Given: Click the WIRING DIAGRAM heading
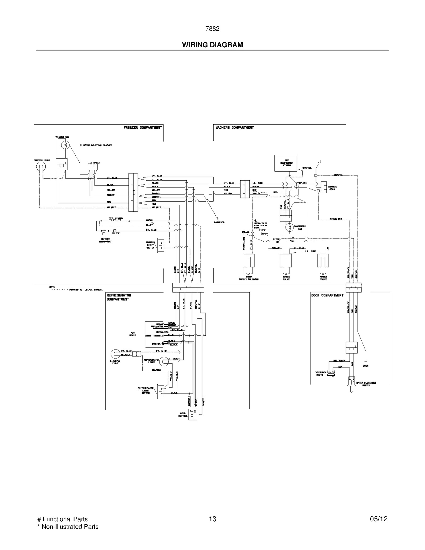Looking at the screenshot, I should (x=212, y=45).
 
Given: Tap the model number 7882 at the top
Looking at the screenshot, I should (x=212, y=29).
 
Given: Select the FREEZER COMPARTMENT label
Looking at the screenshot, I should (x=143, y=128).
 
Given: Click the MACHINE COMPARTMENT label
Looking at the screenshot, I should (x=235, y=128).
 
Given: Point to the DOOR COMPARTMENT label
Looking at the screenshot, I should (x=327, y=295).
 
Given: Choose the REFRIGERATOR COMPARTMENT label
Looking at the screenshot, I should (x=119, y=297).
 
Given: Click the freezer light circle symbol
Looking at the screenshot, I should (x=41, y=167).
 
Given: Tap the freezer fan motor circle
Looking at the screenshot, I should (x=65, y=145).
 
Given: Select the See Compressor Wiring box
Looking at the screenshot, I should (x=286, y=163).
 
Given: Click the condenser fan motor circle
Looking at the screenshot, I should (x=290, y=227).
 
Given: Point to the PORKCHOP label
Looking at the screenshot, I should (x=219, y=222).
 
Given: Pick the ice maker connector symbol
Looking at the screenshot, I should (x=93, y=167).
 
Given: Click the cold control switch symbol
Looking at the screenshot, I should (x=193, y=414).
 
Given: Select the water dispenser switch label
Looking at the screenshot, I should (x=366, y=384).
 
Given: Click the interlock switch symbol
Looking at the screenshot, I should (x=331, y=373).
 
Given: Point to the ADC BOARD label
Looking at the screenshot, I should (x=133, y=334).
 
